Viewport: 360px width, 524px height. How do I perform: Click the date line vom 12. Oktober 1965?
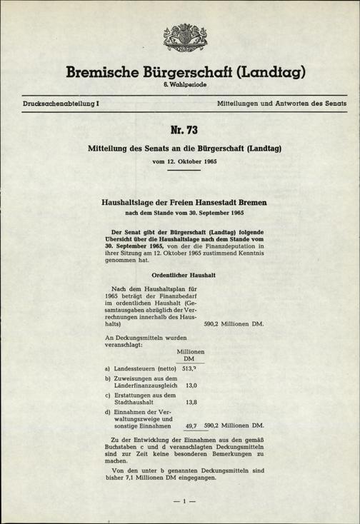pos(180,162)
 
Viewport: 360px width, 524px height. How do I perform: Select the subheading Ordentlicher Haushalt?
pos(174,275)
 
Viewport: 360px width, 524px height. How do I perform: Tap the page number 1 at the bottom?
pos(180,501)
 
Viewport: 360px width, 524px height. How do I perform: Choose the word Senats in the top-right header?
pos(335,104)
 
